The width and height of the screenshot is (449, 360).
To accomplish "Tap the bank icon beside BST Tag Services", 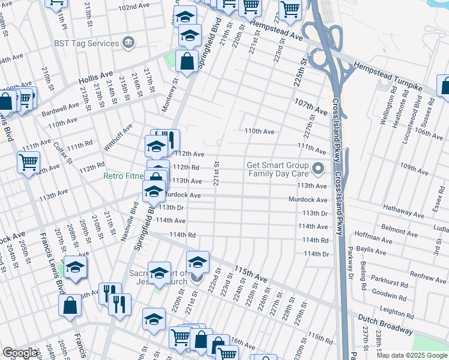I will (x=128, y=43).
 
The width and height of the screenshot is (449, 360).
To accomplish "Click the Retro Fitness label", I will (x=122, y=176).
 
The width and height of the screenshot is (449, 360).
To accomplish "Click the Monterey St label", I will (x=170, y=96).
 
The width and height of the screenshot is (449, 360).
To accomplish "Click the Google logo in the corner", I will (x=20, y=353).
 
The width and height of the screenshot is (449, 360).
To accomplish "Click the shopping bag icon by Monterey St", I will (x=187, y=61).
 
